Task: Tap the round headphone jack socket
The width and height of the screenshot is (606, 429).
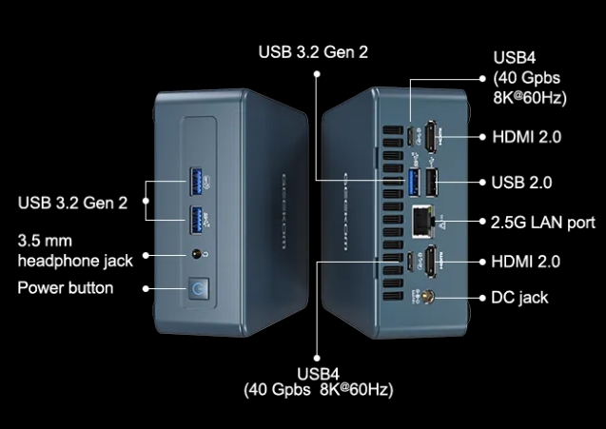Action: [x=199, y=254]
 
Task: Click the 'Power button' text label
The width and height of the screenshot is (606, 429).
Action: [x=66, y=287]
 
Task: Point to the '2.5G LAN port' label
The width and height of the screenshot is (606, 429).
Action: [x=543, y=223]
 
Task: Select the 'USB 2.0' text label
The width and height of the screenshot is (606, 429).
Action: [x=522, y=182]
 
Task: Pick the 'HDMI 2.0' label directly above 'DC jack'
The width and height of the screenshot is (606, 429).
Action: [x=526, y=261]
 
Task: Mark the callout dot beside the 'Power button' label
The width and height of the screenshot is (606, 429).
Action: [x=145, y=287]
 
